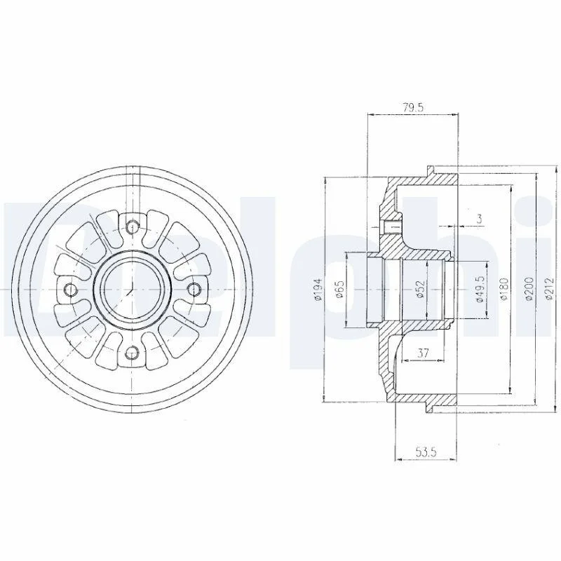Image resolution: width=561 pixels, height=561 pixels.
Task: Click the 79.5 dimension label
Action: click(413, 108)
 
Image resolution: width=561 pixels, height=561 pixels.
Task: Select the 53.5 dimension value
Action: click(426, 452)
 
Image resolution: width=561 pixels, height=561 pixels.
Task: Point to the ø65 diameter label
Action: click(339, 289)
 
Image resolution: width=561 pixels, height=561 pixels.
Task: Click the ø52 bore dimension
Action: click(421, 288)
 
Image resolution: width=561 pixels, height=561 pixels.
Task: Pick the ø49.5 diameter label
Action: click(480, 289)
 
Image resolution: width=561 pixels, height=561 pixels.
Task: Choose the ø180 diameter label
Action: click(503, 288)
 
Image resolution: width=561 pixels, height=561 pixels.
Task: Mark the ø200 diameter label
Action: click(529, 288)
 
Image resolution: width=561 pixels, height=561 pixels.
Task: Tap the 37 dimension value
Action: click(423, 353)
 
